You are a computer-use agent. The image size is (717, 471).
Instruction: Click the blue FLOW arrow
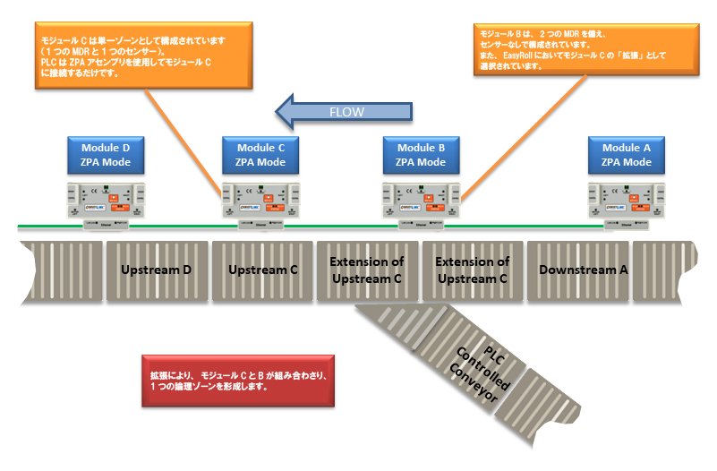pyautogui.click(x=345, y=112)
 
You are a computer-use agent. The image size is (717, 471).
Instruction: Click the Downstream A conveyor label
pyautogui.click(x=578, y=270)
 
